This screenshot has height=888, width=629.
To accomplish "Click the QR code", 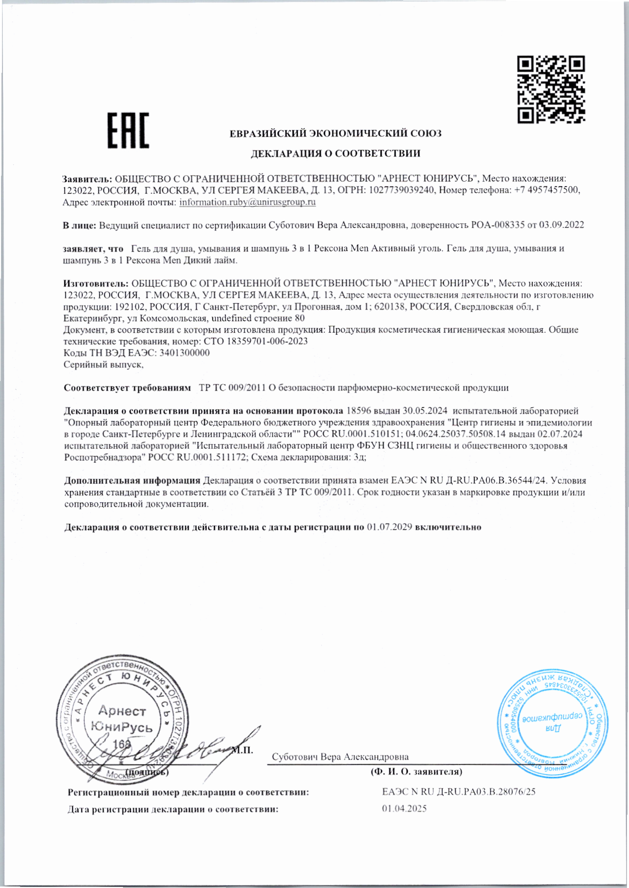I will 551,90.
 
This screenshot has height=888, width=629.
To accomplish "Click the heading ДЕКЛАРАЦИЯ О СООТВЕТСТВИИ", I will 335,153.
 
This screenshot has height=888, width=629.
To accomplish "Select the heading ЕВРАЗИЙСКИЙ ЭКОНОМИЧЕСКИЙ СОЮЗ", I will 335,134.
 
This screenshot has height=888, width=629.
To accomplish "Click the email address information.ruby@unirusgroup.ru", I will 247,202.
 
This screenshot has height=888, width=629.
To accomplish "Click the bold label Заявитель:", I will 88,179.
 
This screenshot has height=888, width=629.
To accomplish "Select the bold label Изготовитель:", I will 96,283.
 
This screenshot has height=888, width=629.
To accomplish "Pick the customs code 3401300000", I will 184,353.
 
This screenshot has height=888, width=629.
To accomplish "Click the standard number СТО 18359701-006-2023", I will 256,341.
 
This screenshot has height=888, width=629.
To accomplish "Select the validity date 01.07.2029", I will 390,527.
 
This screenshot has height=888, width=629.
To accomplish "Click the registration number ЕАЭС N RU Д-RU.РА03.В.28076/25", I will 458,792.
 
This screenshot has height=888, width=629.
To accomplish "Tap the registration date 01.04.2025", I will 404,809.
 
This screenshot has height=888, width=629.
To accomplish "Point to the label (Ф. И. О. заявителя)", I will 416,772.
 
